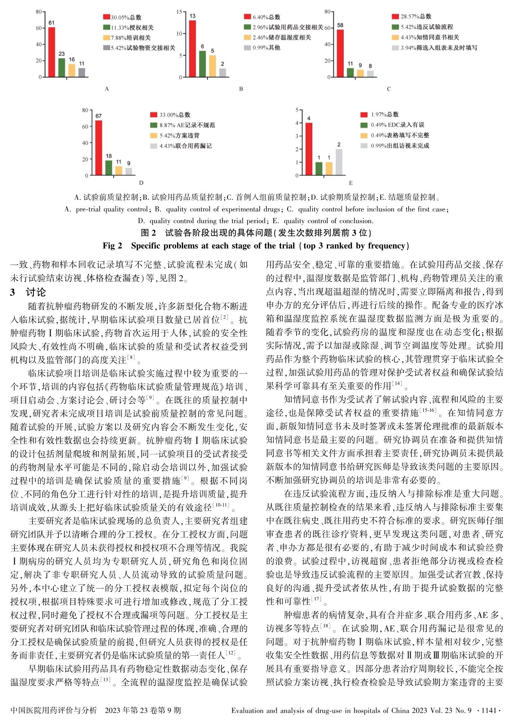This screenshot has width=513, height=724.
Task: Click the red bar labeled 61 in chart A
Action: [51, 52]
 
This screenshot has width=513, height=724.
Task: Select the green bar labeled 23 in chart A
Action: [62, 68]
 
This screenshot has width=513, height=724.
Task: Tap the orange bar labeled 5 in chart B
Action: [212, 66]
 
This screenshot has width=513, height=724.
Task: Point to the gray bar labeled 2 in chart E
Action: [339, 162]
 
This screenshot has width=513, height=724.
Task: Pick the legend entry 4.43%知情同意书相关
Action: [425, 37]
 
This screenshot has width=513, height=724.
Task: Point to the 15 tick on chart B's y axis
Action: [179, 12]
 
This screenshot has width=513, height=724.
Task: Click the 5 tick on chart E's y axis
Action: [297, 110]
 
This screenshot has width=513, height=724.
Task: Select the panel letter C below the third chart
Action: [389, 89]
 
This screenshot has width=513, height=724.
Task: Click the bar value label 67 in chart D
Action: [98, 116]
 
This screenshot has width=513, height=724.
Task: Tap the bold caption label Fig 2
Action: [112, 246]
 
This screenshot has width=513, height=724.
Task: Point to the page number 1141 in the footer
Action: [489, 710]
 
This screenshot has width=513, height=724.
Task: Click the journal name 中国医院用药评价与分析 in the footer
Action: [53, 710]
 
